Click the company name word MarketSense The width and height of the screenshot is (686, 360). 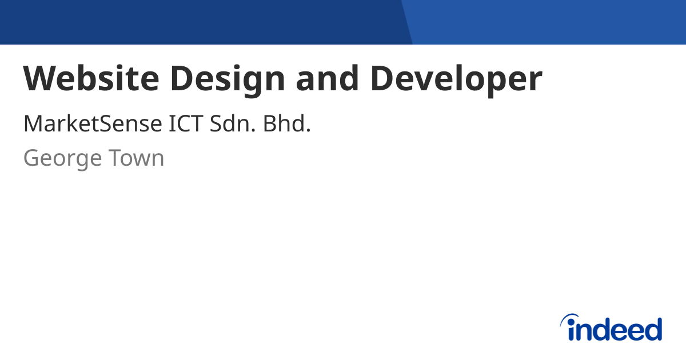click(93, 124)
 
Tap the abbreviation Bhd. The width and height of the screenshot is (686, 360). click(286, 124)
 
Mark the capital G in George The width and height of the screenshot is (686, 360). click(31, 158)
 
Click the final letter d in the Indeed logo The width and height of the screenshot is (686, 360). click(653, 330)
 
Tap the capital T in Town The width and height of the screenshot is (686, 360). click(117, 158)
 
